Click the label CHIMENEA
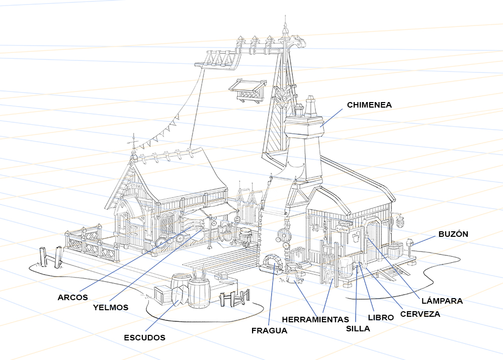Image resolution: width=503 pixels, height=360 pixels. [369, 105]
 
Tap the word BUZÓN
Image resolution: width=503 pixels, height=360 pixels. [453, 234]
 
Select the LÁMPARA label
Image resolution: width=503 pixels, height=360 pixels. [442, 301]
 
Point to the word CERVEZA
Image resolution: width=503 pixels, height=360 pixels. [420, 314]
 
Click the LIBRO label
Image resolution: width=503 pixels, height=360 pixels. [381, 318]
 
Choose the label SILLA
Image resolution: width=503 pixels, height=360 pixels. [358, 329]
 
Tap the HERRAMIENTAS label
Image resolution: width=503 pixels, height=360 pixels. [315, 319]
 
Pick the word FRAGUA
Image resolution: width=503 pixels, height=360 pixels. [269, 331]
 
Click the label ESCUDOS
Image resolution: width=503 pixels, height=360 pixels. [144, 338]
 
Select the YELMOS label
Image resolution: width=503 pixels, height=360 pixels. [110, 307]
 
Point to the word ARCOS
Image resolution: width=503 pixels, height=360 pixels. [72, 297]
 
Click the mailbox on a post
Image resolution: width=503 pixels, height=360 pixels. [410, 242]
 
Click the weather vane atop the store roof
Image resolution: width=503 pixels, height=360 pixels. [134, 140]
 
